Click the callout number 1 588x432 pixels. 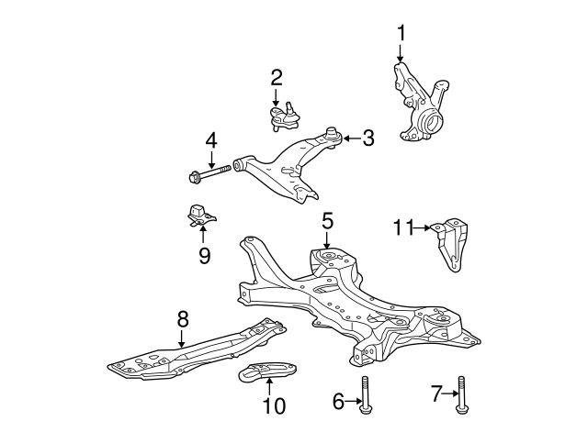(401, 34)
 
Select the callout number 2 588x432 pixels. (276, 77)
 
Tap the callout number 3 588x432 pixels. (367, 138)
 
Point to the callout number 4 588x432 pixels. (211, 141)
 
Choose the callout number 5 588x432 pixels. (328, 221)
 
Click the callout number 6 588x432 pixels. (338, 400)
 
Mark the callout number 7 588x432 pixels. (436, 395)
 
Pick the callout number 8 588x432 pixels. (182, 318)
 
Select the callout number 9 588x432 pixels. (204, 255)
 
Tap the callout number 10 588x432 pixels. (274, 404)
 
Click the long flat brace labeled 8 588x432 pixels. (193, 353)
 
